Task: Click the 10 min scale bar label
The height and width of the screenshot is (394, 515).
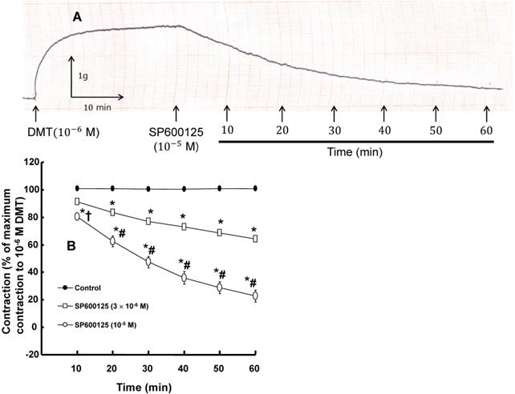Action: (98, 105)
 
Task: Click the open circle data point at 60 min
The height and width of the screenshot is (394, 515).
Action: (255, 295)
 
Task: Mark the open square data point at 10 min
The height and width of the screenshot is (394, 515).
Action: (77, 202)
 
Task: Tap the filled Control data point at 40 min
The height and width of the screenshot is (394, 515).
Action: (184, 189)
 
